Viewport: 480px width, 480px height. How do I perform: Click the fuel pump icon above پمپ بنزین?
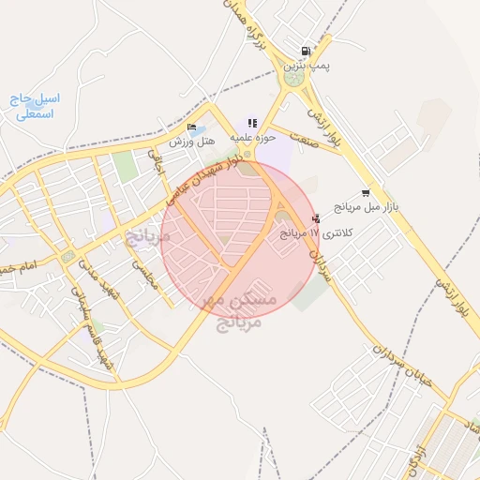point(305,52)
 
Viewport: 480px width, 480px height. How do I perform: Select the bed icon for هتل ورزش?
point(191,127)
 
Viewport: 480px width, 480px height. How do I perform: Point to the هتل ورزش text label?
point(192,142)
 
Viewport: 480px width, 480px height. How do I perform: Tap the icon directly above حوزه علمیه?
point(252,123)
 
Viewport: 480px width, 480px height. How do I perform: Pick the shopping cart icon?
point(365,192)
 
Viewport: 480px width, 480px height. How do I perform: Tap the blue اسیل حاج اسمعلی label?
point(37,106)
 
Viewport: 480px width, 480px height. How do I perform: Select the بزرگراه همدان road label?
point(253,26)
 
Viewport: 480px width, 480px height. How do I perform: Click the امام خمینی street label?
point(19,268)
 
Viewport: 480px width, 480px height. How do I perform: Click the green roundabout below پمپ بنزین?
point(295,81)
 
